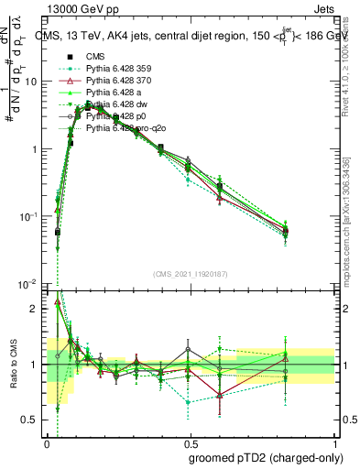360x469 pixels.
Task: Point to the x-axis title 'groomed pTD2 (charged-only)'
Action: coord(267,457)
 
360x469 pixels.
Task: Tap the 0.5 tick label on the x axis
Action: coord(190,442)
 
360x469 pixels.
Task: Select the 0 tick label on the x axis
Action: coord(48,442)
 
